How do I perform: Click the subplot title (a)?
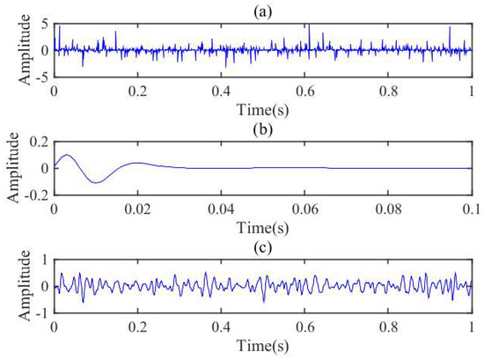coord(264,8)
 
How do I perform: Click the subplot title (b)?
coord(264,124)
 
